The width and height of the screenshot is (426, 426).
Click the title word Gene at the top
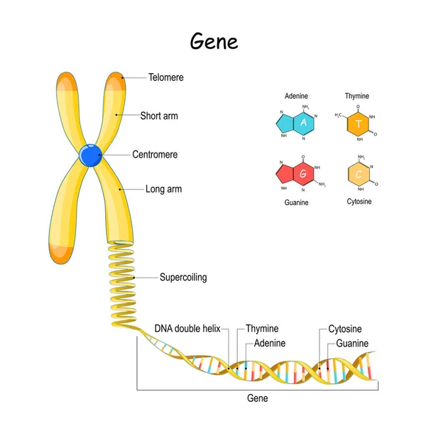pyautogui.click(x=214, y=41)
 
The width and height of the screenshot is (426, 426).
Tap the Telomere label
pyautogui.click(x=166, y=77)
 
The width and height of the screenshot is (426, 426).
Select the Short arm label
pyautogui.click(x=159, y=115)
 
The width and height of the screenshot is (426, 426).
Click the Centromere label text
pyautogui.click(x=155, y=154)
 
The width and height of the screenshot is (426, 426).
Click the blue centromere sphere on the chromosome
pyautogui.click(x=90, y=155)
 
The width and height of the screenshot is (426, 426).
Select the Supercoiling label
pyautogui.click(x=183, y=277)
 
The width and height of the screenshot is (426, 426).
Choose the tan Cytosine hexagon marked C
pyautogui.click(x=359, y=174)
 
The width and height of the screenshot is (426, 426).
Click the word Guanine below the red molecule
pyautogui.click(x=296, y=202)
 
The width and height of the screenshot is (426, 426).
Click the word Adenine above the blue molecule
pyautogui.click(x=297, y=96)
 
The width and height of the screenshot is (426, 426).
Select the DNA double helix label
pyautogui.click(x=187, y=329)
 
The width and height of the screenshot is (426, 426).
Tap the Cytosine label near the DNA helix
pyautogui.click(x=345, y=329)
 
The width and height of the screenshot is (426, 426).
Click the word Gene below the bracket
pyautogui.click(x=257, y=398)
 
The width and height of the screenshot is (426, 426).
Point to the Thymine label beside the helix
pyautogui.click(x=262, y=329)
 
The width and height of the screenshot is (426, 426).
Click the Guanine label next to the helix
pyautogui.click(x=352, y=343)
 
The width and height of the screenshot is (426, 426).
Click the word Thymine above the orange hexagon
pyautogui.click(x=357, y=96)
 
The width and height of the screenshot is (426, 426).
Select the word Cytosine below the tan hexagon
pyautogui.click(x=359, y=202)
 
